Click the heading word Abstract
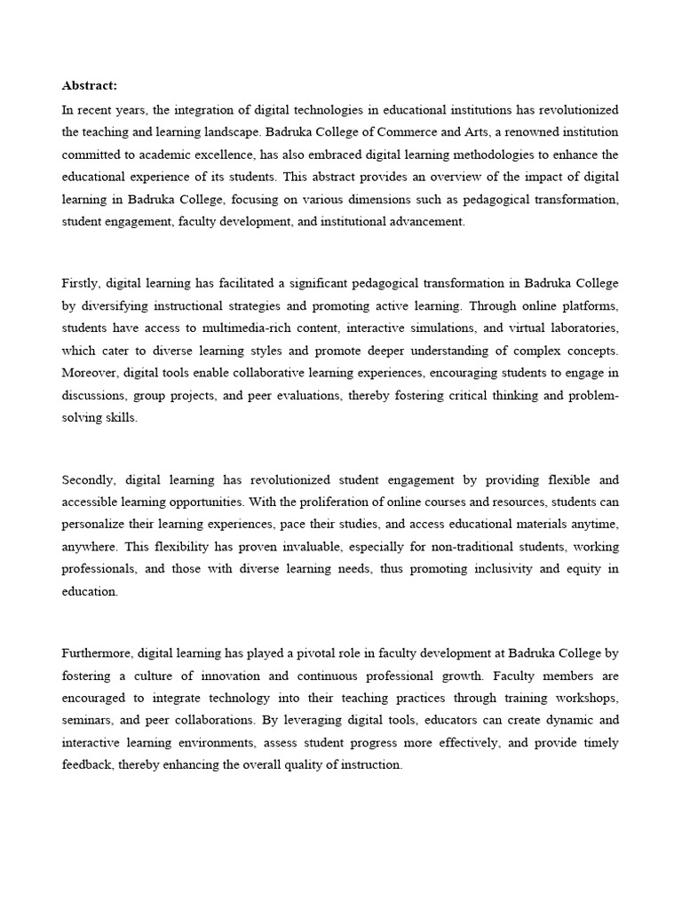point(89,86)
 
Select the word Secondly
point(90,480)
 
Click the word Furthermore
point(97,653)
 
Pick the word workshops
point(584,699)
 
